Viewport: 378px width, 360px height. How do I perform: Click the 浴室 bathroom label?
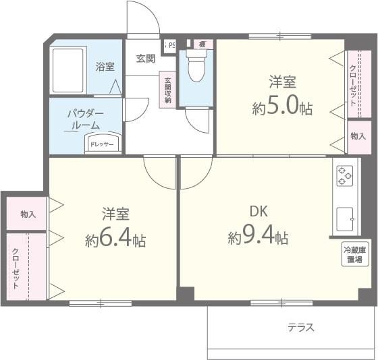point(105,67)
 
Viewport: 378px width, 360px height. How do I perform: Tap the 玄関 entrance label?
point(145,58)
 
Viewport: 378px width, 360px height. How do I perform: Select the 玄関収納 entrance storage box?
point(167,89)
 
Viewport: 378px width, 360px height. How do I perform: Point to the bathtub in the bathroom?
point(70,70)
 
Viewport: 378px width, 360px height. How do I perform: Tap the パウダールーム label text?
point(84,119)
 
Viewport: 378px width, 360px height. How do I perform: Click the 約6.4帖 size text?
point(115,239)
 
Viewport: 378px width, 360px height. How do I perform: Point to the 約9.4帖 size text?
point(259,237)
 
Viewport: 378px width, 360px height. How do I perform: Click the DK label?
point(258,211)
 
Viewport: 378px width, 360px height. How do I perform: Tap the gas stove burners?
point(345,175)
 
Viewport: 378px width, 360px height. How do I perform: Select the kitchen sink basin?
point(346,219)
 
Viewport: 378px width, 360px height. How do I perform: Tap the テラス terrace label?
point(300,328)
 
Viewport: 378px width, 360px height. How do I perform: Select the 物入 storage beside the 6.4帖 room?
point(28,214)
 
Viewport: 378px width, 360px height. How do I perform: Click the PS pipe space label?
point(171,44)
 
